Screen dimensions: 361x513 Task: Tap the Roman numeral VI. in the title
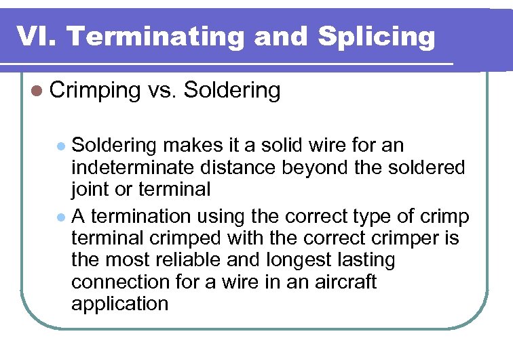[37, 37]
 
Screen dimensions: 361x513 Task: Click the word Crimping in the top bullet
[94, 91]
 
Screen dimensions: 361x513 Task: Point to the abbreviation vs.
[159, 91]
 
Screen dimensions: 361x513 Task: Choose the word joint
[90, 190]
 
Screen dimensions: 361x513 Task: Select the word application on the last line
[119, 304]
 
